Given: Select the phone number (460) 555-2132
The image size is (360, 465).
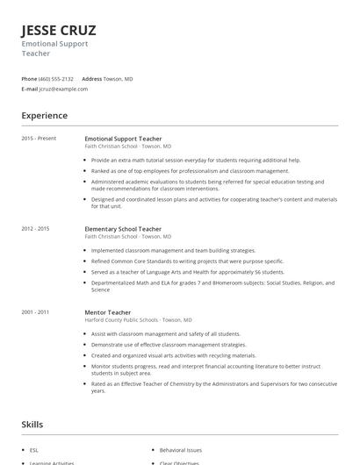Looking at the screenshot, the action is point(57,79).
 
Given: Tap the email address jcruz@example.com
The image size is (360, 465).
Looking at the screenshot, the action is point(61,89).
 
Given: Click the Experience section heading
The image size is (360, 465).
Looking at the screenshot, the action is point(44,116).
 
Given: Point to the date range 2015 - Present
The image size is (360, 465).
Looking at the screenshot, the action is point(39,139).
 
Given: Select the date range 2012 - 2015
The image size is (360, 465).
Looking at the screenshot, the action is point(35,229).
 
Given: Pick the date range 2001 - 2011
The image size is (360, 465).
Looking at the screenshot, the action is point(35,311).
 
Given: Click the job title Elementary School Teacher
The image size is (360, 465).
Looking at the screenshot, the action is point(123,229).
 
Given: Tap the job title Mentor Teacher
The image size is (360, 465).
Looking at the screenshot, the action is point(107,311).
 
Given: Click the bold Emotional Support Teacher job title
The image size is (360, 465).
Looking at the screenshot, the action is point(123,139).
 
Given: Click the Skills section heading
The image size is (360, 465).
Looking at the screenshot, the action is point(32,425).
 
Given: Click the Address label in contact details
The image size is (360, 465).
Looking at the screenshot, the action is point(92,79).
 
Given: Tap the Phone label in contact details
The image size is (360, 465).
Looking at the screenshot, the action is point(29,79).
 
